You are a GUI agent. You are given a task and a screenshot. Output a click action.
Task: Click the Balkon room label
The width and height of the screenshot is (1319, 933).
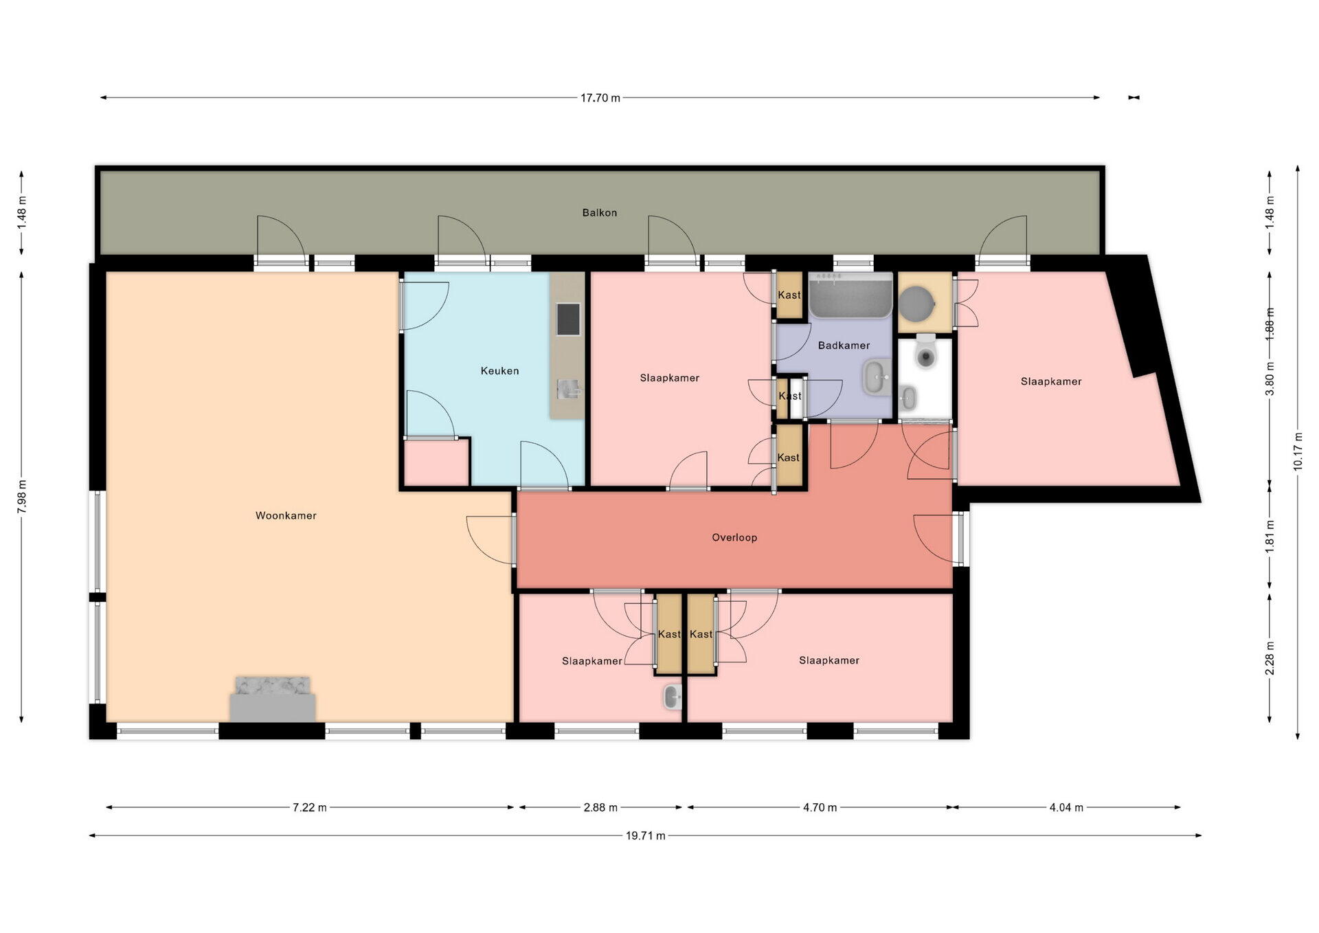pos(600,213)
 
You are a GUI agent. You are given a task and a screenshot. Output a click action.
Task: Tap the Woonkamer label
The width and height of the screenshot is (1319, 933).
pos(286,516)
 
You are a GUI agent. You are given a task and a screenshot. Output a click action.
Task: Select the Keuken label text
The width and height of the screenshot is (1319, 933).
pos(499,371)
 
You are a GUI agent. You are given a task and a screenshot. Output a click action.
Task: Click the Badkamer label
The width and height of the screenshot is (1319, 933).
pos(844,346)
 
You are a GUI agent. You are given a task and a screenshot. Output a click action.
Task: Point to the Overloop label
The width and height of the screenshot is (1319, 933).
pos(734,538)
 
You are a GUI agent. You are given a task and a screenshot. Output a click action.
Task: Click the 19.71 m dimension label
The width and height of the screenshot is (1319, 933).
pos(645,836)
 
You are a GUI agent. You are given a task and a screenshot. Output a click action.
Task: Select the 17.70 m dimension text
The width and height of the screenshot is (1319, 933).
pos(600,98)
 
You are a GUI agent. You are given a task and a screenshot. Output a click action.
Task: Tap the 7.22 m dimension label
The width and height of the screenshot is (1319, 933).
pos(310,808)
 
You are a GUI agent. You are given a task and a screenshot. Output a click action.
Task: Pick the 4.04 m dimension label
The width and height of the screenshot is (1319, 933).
pos(1066,808)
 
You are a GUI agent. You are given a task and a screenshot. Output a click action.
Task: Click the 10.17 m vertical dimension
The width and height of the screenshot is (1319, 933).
pos(1298,451)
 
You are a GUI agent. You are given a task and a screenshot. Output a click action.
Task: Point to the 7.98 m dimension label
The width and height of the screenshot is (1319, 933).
pos(21,497)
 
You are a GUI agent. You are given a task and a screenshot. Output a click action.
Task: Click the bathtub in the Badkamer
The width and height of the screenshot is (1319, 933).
pos(850,295)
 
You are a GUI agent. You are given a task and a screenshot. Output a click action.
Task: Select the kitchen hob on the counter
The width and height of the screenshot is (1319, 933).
pos(568,319)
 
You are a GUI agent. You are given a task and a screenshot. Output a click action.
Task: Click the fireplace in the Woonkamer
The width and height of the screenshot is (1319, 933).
pos(273,699)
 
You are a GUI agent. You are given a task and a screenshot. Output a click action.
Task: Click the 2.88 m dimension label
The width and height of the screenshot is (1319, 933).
pos(600,808)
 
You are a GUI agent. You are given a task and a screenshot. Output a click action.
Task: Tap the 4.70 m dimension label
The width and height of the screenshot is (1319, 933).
pos(820,808)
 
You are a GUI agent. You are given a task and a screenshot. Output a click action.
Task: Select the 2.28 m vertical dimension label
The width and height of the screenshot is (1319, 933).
pos(1270,658)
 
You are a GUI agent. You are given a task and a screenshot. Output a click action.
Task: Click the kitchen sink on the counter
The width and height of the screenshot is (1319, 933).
pos(568,390)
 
